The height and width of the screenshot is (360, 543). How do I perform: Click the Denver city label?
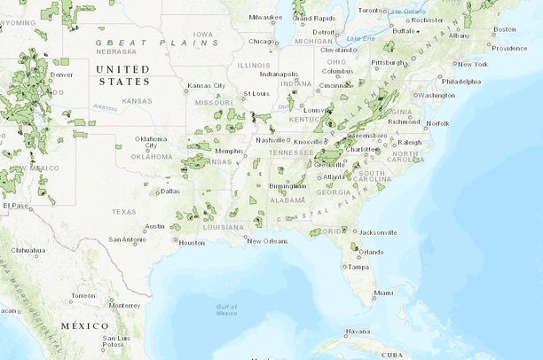coord(62,74)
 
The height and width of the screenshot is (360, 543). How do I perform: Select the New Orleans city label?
coord(267,241)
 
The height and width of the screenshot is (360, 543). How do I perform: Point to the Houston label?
coord(191,242)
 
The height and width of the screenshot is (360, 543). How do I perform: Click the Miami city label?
coord(383,293)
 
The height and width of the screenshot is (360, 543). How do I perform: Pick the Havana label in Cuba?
coord(358,332)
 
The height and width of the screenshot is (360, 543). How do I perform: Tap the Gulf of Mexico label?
coord(226,309)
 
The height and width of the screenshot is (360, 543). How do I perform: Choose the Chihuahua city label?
coord(28,250)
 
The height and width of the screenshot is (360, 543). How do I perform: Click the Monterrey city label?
coord(125,305)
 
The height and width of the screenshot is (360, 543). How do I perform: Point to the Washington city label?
coord(436,95)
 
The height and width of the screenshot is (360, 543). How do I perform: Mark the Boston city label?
coord(504,29)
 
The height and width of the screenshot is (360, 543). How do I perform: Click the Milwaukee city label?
coord(265,17)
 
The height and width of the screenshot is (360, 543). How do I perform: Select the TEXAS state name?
coord(124,211)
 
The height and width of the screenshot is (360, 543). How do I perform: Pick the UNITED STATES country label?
coord(123,74)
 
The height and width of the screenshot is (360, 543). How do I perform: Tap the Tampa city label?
coord(358,267)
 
